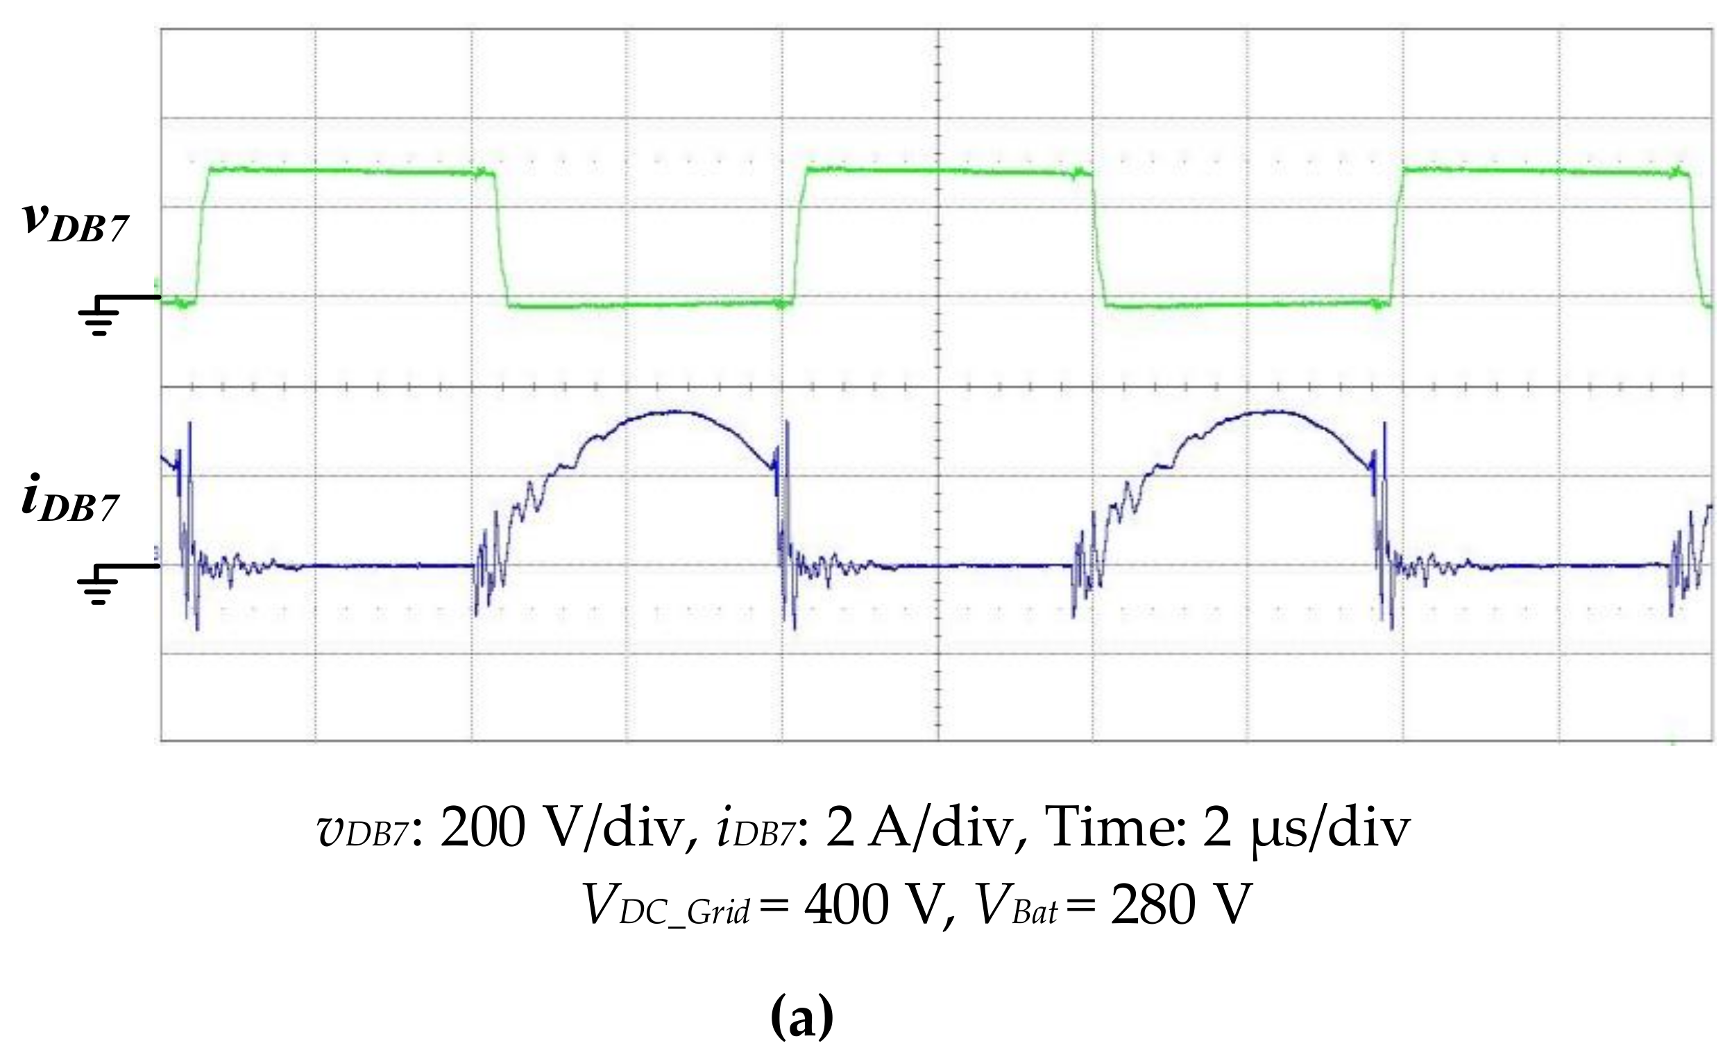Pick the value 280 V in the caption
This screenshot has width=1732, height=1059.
[1182, 905]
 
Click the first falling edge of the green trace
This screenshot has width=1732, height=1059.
[501, 239]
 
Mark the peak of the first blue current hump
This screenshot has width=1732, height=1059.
[674, 412]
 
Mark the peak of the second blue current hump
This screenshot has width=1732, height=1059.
[1273, 412]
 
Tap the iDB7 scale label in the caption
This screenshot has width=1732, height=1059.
[755, 829]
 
